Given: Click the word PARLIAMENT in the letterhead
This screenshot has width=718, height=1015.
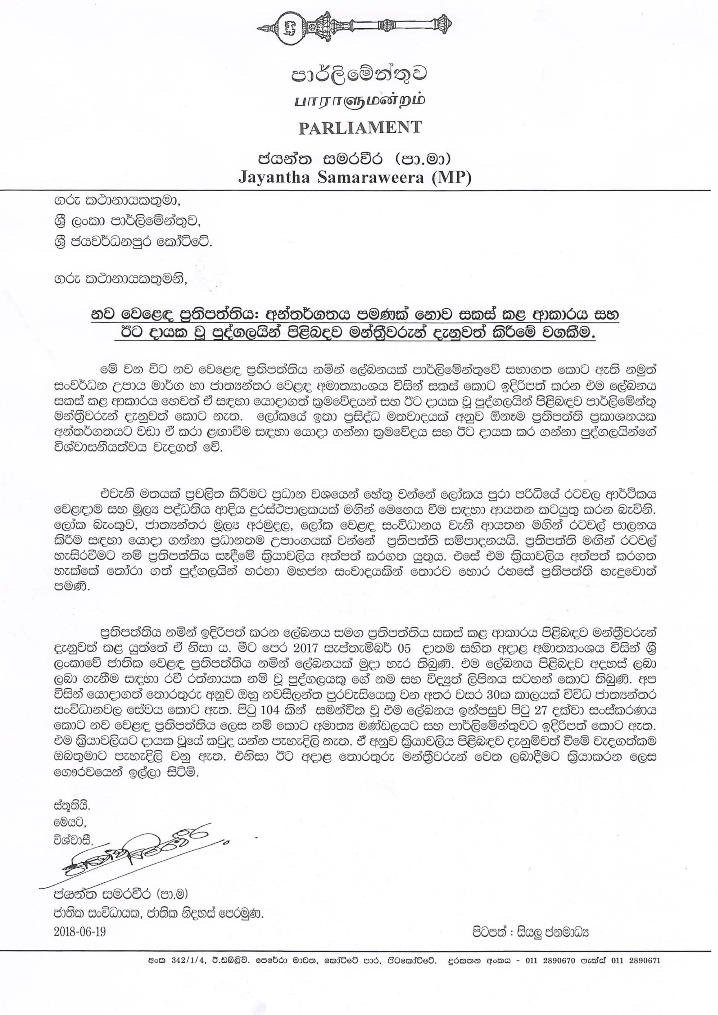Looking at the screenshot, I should pyautogui.click(x=359, y=127).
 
